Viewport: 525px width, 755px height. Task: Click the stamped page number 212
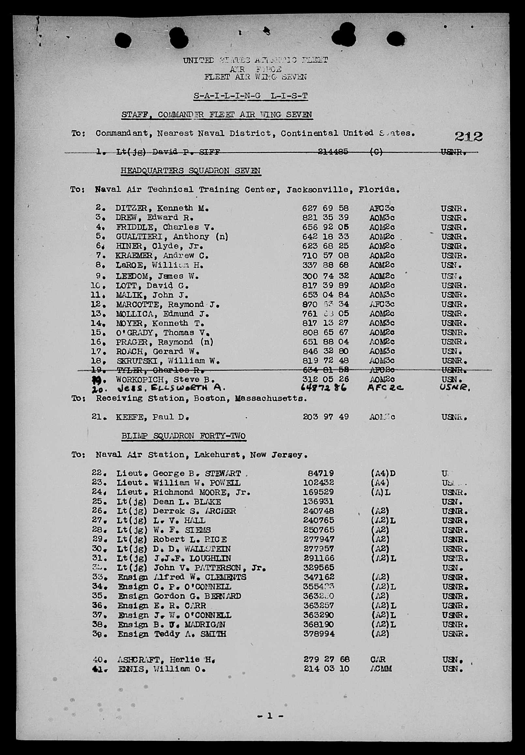tap(469, 136)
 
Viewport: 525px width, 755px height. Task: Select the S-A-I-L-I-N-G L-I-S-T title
tap(251, 96)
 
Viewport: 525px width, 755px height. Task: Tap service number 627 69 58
tap(325, 208)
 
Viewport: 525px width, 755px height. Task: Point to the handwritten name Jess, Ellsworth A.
tap(171, 388)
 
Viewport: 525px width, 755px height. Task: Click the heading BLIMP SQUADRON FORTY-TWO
tap(184, 436)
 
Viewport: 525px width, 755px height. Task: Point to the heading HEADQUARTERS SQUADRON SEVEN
tap(191, 171)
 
